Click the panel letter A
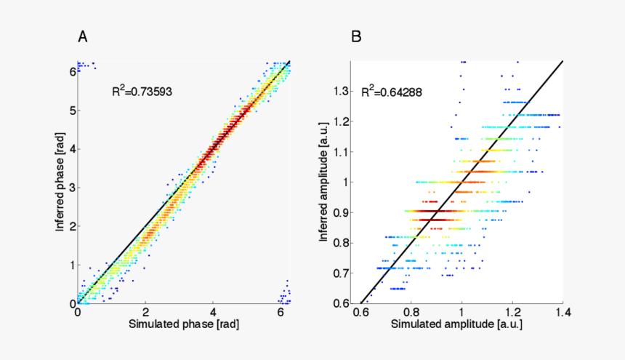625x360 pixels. click(x=84, y=36)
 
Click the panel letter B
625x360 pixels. click(x=356, y=36)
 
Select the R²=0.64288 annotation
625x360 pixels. click(x=392, y=92)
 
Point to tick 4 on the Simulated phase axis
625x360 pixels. click(x=214, y=311)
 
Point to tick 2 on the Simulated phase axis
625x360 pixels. click(x=145, y=311)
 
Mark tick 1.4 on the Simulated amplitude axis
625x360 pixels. click(x=564, y=312)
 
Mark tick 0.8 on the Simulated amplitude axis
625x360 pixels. click(x=411, y=312)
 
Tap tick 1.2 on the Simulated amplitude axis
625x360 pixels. click(x=513, y=312)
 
